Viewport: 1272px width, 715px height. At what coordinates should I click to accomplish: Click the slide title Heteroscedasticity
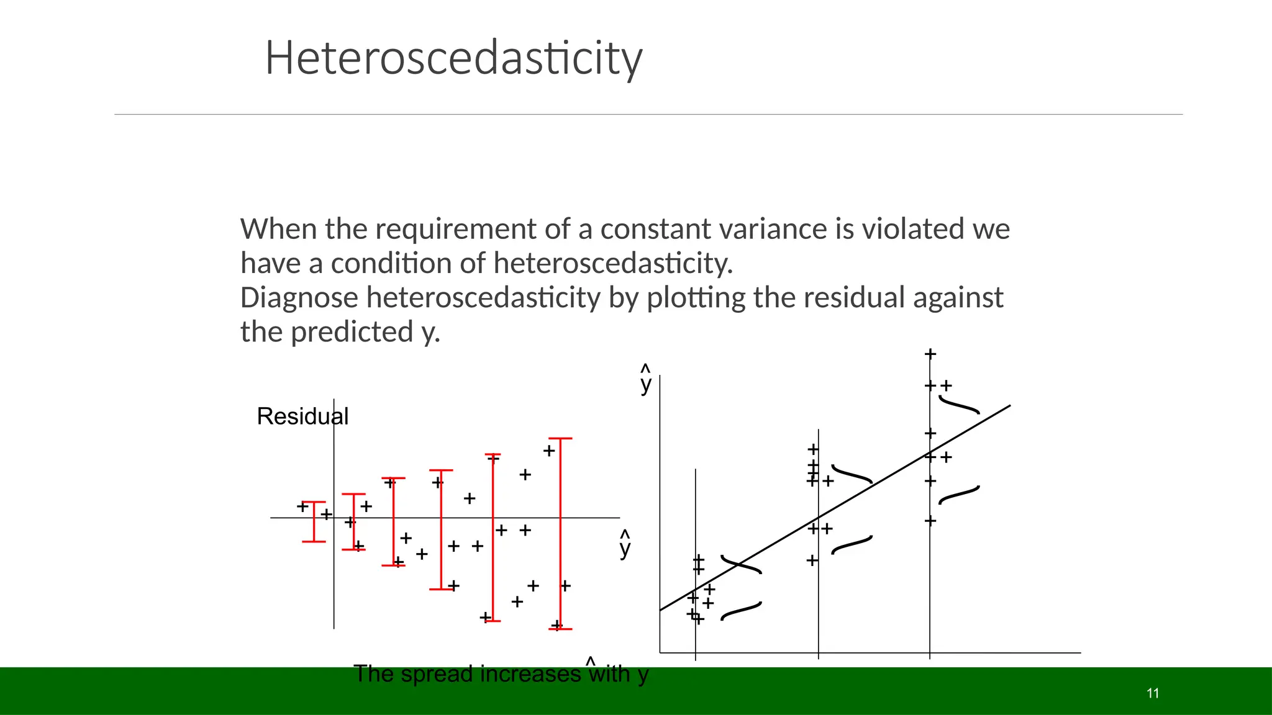tap(453, 58)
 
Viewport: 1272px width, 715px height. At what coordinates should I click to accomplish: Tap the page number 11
tap(1153, 693)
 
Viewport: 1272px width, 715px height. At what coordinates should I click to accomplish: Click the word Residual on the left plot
tap(302, 416)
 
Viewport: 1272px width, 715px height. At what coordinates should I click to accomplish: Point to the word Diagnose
tap(299, 298)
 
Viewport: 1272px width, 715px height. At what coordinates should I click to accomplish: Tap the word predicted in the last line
tap(352, 332)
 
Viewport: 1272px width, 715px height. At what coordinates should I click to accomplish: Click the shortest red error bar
tap(314, 522)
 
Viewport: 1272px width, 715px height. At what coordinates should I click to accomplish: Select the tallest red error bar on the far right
tap(560, 534)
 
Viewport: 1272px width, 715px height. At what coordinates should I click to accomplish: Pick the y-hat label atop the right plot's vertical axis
tap(646, 380)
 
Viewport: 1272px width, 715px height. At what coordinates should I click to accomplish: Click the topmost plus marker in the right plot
tap(930, 354)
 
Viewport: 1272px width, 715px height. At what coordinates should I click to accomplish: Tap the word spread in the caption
tap(437, 674)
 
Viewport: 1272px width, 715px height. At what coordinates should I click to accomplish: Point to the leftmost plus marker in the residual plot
tap(302, 506)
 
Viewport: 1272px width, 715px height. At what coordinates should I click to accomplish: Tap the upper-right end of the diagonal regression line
tap(1009, 406)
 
